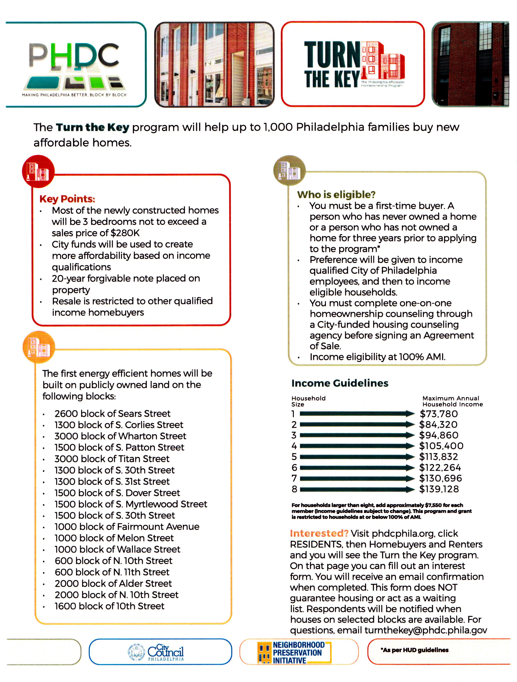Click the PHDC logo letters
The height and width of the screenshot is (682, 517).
coord(74,56)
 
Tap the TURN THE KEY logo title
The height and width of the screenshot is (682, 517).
coord(332,65)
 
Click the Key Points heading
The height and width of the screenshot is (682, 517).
coord(67,199)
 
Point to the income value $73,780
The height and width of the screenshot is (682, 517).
coord(439,414)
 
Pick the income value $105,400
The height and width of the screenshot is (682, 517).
coord(441,446)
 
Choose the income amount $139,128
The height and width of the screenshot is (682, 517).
coord(439,489)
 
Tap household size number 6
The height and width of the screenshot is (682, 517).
coord(294,468)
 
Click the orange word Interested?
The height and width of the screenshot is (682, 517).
coord(319,533)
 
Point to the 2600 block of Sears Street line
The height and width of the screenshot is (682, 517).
coord(112,413)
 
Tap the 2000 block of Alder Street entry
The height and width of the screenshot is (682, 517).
coord(113,583)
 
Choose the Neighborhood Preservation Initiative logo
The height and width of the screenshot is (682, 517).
coord(294,652)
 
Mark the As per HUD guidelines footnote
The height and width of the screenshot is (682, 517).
coord(414,650)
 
